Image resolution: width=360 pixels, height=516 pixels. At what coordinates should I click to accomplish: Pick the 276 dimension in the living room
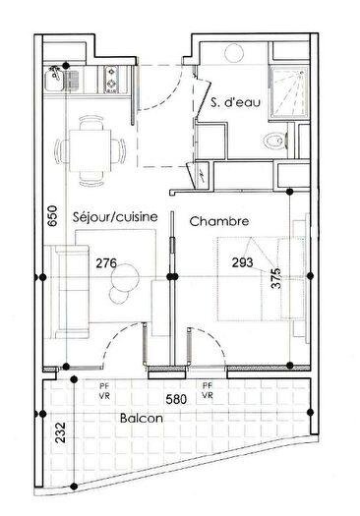pyautogui.click(x=107, y=262)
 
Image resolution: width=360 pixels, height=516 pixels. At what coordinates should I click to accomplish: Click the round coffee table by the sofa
pyautogui.click(x=125, y=285)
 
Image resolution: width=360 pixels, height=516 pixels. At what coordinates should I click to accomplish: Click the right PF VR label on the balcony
pyautogui.click(x=208, y=391)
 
